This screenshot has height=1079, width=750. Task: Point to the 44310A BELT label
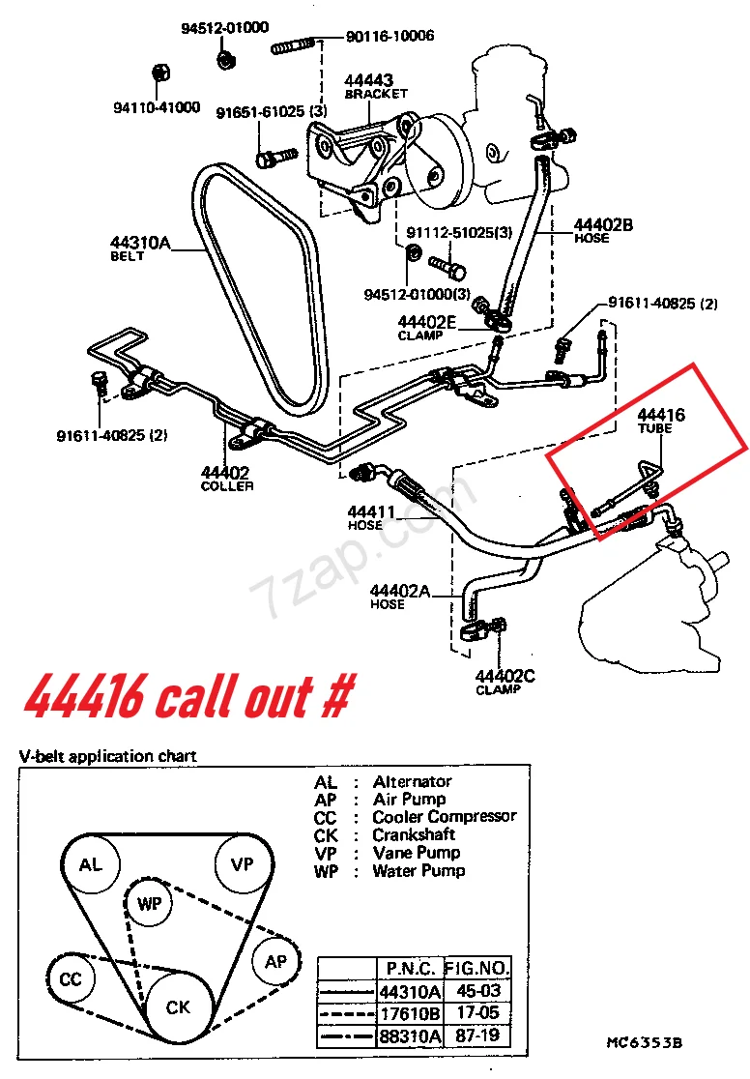point(140,248)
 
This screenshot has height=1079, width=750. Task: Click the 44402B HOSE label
point(602,230)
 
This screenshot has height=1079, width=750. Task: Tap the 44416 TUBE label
point(661,421)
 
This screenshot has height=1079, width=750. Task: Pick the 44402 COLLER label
point(226,479)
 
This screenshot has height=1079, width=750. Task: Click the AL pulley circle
point(91,864)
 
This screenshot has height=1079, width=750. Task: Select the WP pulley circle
point(150,903)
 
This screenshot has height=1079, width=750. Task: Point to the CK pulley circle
point(178,1007)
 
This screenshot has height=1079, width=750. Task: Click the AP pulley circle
point(276,961)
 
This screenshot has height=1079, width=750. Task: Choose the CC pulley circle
point(71,979)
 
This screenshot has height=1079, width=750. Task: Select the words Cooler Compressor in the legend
point(445,817)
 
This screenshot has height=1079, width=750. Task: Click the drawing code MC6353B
point(645,1043)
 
